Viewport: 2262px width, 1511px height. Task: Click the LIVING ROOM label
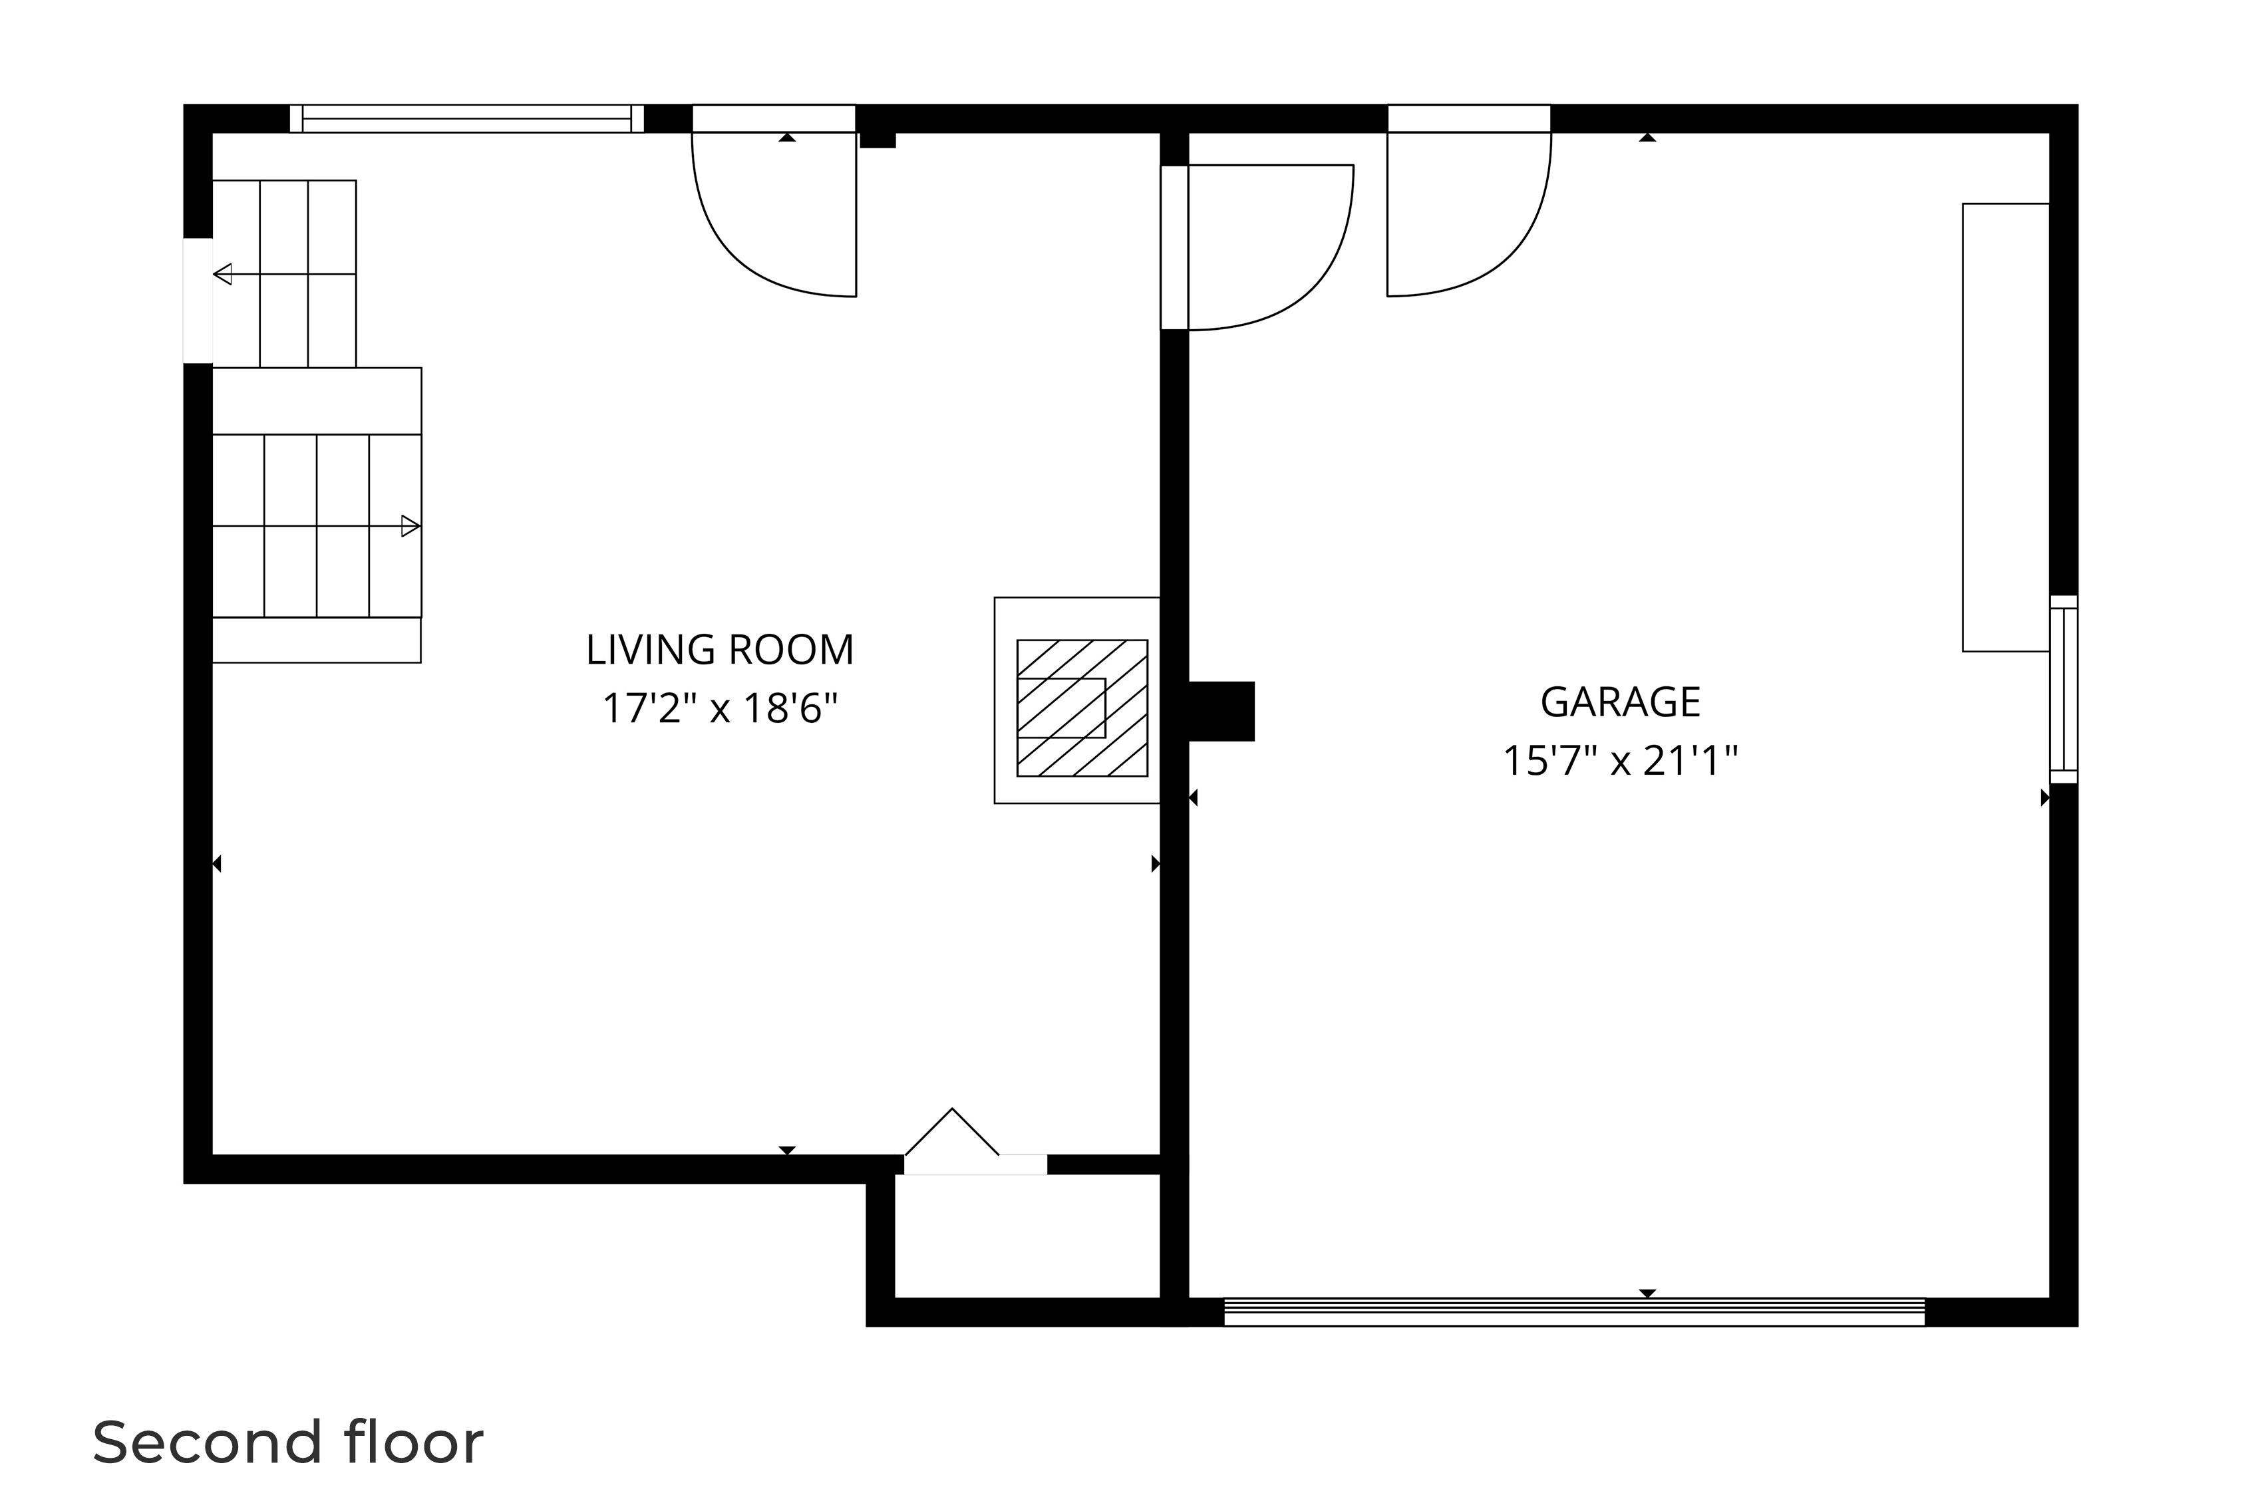[719, 650]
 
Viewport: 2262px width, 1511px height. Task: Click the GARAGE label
[1619, 702]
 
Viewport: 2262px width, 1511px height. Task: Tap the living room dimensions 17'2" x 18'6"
[719, 709]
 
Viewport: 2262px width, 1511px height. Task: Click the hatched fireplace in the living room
[1081, 708]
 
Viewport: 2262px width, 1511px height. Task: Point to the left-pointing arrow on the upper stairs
[223, 275]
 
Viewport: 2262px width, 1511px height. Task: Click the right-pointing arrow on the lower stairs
[410, 526]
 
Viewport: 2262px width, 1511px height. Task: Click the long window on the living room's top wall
[466, 118]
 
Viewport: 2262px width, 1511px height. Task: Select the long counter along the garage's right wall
[2005, 427]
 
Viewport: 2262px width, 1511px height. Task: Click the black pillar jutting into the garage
[1220, 711]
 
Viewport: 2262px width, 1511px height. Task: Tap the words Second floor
[287, 1442]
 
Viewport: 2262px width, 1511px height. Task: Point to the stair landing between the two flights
[316, 401]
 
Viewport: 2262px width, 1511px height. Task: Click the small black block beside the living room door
[877, 141]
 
